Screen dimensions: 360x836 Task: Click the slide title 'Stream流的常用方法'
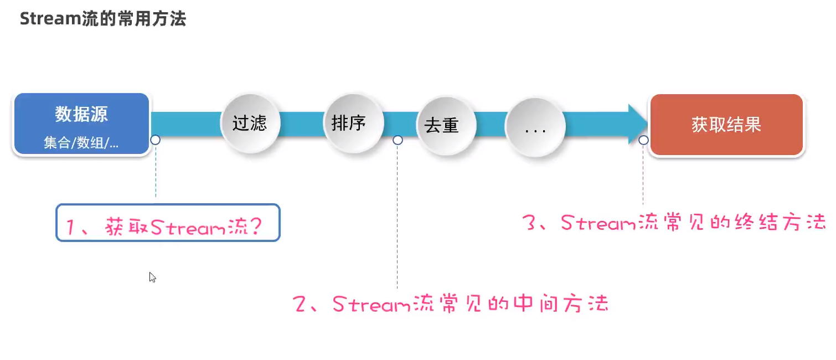coord(103,19)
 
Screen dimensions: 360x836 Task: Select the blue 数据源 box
coord(81,124)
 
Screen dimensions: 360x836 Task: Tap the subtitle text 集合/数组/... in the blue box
coord(81,143)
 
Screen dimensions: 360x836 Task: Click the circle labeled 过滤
coord(250,123)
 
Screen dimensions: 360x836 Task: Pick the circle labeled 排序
coord(349,122)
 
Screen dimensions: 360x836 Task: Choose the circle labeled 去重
coord(442,126)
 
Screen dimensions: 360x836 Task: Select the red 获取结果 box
coord(726,125)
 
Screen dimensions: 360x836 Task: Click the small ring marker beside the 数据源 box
coord(156,140)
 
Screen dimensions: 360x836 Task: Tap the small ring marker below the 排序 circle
coord(398,140)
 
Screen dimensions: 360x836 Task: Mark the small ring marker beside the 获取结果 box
coord(643,140)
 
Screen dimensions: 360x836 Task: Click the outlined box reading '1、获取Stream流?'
coord(168,223)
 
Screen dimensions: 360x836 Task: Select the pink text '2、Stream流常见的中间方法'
coord(451,304)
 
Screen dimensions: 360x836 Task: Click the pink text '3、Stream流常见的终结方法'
coord(674,223)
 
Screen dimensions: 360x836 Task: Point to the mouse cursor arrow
coord(152,277)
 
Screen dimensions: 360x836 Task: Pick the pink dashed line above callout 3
coord(643,177)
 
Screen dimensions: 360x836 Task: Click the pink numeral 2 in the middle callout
coord(301,304)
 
